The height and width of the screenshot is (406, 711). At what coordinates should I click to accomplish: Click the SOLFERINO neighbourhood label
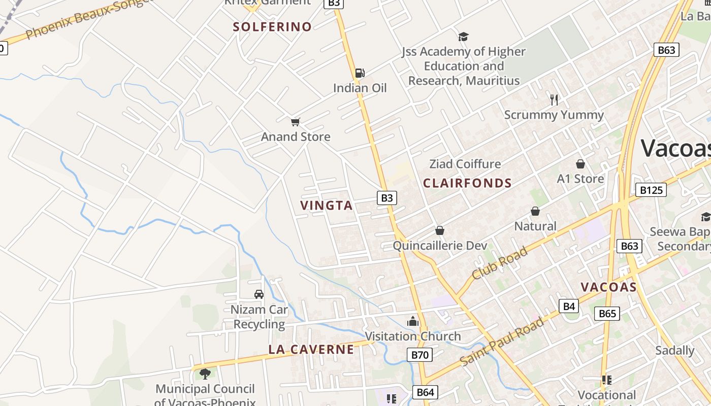[x=272, y=27]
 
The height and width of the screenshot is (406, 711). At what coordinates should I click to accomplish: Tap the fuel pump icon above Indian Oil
[x=360, y=73]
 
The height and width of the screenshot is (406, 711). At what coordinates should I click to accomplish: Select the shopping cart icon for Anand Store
[x=296, y=122]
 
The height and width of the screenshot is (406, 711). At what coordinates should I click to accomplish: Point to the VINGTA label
[x=326, y=206]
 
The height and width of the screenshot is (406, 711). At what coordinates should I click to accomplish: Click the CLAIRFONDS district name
[x=467, y=183]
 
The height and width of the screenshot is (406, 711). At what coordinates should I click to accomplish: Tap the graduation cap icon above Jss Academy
[x=463, y=37]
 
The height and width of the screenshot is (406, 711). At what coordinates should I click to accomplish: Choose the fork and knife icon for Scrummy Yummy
[x=554, y=100]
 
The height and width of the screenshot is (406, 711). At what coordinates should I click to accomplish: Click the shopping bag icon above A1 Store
[x=580, y=164]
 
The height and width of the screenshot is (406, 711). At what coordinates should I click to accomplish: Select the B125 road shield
[x=651, y=190]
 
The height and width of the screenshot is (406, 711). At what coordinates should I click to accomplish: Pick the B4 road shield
[x=569, y=306]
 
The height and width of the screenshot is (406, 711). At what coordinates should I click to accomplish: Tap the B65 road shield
[x=607, y=313]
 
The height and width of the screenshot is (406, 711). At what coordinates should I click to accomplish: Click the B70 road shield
[x=419, y=355]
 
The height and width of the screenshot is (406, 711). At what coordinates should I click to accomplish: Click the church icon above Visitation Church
[x=413, y=321]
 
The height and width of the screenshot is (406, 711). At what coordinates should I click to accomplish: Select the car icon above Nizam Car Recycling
[x=259, y=294]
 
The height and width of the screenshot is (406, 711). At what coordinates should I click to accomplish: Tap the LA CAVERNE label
[x=311, y=349]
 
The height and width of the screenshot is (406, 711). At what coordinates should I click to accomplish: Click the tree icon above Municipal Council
[x=205, y=374]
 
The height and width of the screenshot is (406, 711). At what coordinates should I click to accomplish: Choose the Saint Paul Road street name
[x=502, y=341]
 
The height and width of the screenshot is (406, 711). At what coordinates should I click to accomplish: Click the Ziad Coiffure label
[x=465, y=164]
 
